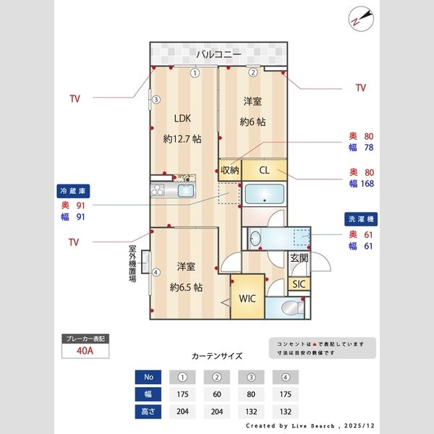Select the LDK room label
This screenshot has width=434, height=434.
tap(182, 118)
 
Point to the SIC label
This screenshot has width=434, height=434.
tap(299, 284)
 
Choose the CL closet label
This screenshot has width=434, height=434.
tap(265, 171)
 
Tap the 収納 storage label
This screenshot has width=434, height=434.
tap(230, 171)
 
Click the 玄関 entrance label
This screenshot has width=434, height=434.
tap(299, 259)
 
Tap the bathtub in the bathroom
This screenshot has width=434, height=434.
tap(264, 195)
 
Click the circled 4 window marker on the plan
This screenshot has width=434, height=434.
tap(156, 272)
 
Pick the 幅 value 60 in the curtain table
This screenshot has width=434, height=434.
tap(216, 395)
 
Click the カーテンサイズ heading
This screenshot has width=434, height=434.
tap(217, 356)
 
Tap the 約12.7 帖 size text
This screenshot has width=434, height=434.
tap(182, 138)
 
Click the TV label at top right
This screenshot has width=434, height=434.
tap(361, 88)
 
